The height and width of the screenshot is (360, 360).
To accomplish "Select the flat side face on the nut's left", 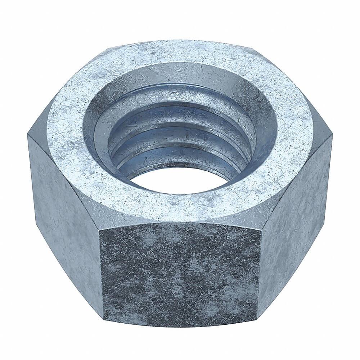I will pos(65,209).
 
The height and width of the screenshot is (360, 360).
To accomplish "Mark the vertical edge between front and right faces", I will pos(260,274).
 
